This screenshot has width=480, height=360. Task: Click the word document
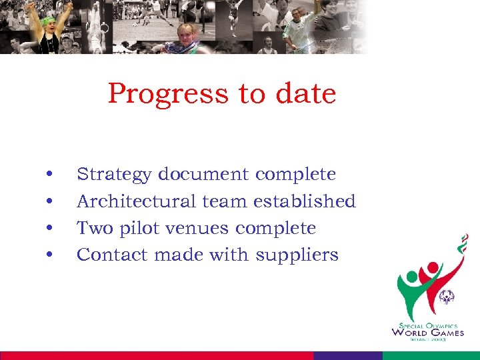[x=203, y=175]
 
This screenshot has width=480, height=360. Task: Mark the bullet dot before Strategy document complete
[x=50, y=175]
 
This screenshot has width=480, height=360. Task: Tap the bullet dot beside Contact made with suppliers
[x=50, y=255]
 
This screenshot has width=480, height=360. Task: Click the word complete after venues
[x=276, y=229]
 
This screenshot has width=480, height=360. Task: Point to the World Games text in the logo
[x=427, y=332]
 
